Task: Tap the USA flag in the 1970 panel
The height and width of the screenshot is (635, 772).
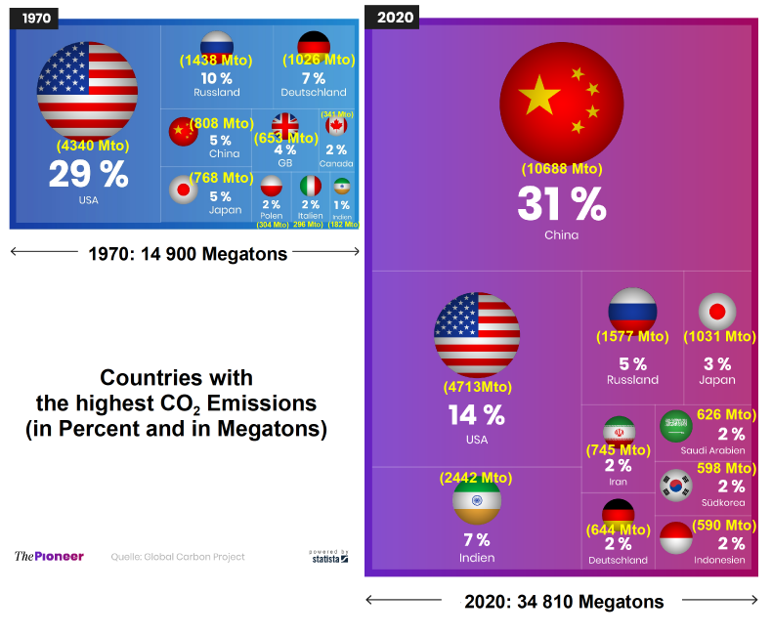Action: (x=88, y=89)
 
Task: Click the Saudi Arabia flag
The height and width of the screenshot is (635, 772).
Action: (x=676, y=426)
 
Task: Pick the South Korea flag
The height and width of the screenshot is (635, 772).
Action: (x=675, y=483)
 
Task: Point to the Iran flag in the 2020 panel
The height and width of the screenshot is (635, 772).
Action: (x=619, y=430)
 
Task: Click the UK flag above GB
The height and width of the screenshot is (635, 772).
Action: (x=285, y=125)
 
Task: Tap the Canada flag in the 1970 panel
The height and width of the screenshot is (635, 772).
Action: (x=336, y=126)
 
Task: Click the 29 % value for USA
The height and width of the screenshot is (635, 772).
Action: (x=89, y=175)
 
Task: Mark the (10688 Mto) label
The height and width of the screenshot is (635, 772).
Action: (x=561, y=169)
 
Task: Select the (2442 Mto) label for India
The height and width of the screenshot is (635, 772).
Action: (x=476, y=478)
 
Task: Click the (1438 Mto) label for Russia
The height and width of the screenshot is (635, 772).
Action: (x=216, y=60)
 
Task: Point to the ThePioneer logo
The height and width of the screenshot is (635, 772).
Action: (x=49, y=556)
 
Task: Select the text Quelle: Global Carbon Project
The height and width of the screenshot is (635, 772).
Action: (x=177, y=557)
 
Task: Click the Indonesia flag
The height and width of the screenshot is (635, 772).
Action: (x=676, y=537)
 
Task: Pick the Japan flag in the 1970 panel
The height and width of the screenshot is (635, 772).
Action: (x=183, y=189)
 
